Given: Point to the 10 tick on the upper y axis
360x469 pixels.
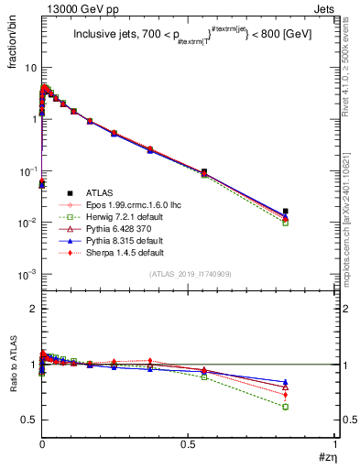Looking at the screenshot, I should (x=29, y=68).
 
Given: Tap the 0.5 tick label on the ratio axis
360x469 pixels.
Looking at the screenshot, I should (x=29, y=420).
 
